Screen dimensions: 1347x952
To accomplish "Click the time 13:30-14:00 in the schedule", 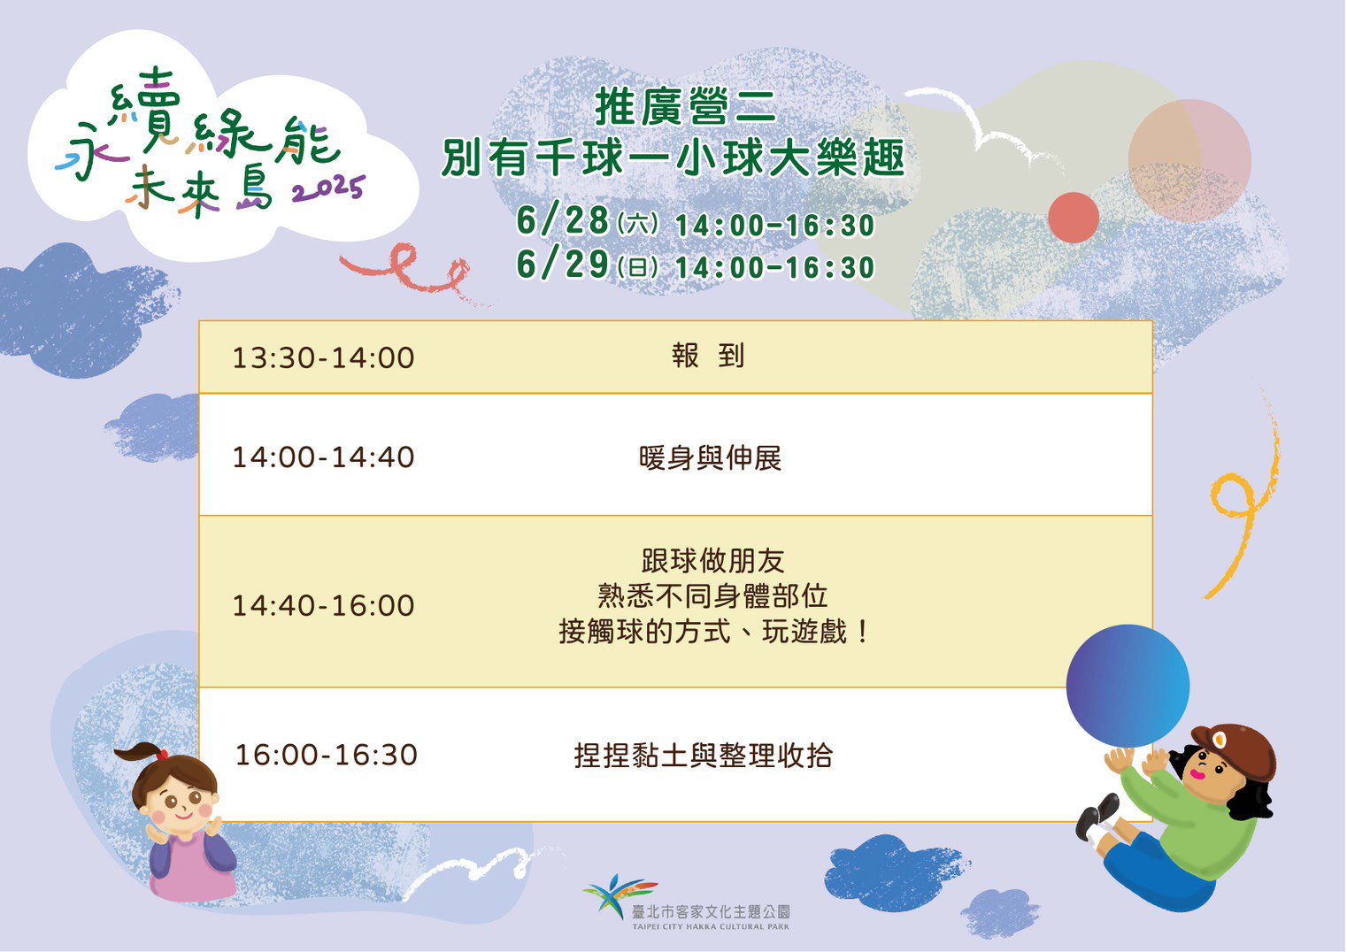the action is (x=323, y=357).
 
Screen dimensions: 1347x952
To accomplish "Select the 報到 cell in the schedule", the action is (x=708, y=356).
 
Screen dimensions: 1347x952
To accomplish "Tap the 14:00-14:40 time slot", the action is (x=323, y=457).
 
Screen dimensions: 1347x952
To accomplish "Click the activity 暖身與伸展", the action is (x=710, y=458).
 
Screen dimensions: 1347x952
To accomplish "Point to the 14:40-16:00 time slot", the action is (x=323, y=605).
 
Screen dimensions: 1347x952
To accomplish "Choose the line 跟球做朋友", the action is (x=712, y=561).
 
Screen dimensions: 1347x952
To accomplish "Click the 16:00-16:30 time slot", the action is (x=326, y=755).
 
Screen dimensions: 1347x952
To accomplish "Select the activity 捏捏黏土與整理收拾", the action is (x=703, y=756).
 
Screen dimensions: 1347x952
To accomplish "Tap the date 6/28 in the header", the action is (x=563, y=220).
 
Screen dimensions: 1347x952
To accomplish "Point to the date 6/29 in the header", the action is (x=563, y=264).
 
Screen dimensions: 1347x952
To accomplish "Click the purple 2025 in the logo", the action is (x=328, y=190).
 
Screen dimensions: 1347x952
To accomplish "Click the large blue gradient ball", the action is (x=1128, y=686).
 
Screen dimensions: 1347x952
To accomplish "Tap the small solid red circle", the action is (x=1074, y=218).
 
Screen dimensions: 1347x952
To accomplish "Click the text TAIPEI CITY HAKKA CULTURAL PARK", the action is (x=711, y=926).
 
